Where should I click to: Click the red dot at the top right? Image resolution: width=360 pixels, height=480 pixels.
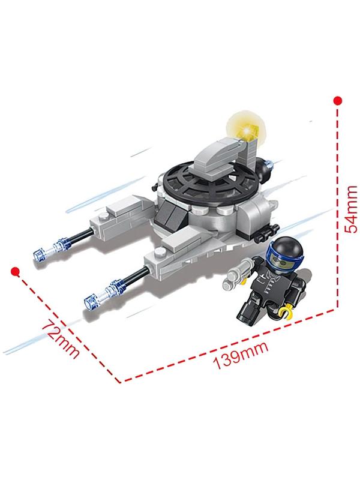point(337,101)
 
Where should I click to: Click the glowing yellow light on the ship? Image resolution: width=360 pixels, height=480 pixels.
point(247,130)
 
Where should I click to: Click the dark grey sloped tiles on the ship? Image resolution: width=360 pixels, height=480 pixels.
point(169,215)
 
